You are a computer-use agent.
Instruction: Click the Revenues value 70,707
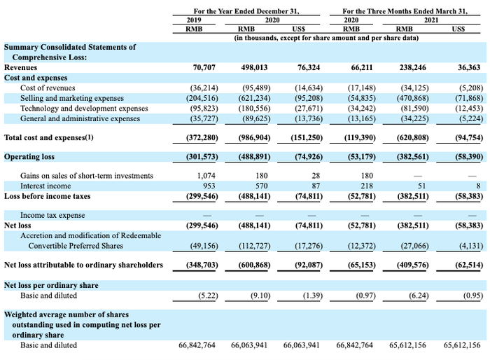[x=204, y=67]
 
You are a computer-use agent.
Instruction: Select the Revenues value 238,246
[x=412, y=67]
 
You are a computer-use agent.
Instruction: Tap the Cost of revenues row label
[x=48, y=88]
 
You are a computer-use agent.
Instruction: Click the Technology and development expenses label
[x=84, y=109]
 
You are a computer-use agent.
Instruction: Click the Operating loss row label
[x=29, y=157]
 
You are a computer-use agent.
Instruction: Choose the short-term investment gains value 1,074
[x=206, y=176]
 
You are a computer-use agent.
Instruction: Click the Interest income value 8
[x=478, y=186]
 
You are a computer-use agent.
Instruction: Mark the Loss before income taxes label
[x=47, y=196]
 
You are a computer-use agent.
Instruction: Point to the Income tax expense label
[x=52, y=215]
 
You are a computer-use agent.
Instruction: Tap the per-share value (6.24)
[x=419, y=296]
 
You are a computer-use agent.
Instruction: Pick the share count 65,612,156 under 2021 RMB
[x=407, y=345]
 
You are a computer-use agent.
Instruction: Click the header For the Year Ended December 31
[x=246, y=11]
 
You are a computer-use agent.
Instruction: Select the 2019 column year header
[x=194, y=20]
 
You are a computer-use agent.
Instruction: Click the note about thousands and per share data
[x=327, y=38]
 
